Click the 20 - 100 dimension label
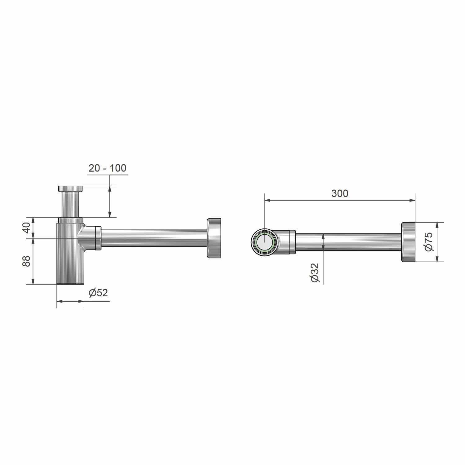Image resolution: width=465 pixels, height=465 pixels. [107, 168]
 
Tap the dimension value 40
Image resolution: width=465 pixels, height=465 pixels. [27, 228]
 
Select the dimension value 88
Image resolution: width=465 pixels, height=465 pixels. [27, 261]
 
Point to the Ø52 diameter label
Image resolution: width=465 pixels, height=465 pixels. [98, 293]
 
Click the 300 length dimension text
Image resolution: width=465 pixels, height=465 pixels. [340, 193]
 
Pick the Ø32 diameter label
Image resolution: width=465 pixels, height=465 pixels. [314, 272]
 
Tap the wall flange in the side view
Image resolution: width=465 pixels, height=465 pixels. [214, 238]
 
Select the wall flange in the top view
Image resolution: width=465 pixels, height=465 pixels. [408, 242]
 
